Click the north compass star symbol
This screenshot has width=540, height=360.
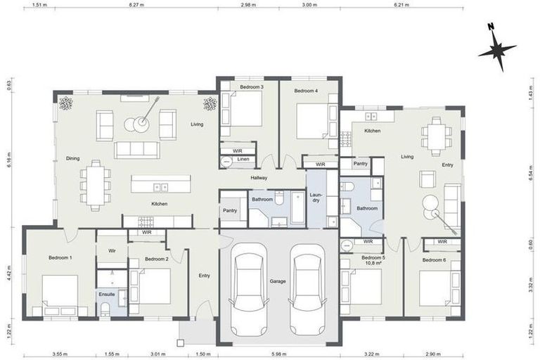click(497, 49)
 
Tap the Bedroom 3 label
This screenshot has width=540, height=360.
click(252, 87)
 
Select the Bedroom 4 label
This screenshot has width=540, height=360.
click(306, 91)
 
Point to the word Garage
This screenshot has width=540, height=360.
click(278, 281)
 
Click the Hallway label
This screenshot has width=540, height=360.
click(259, 179)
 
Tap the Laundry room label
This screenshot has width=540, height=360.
click(316, 198)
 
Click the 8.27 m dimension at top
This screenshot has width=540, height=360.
click(137, 5)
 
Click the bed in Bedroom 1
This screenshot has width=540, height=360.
click(60, 294)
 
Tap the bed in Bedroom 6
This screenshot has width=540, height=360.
click(438, 288)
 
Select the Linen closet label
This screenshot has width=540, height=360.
click(242, 160)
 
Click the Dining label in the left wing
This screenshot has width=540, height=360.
click(72, 158)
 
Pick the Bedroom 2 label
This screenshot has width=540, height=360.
click(156, 259)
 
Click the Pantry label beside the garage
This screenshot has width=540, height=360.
click(229, 210)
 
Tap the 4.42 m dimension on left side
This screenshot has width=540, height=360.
click(9, 273)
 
